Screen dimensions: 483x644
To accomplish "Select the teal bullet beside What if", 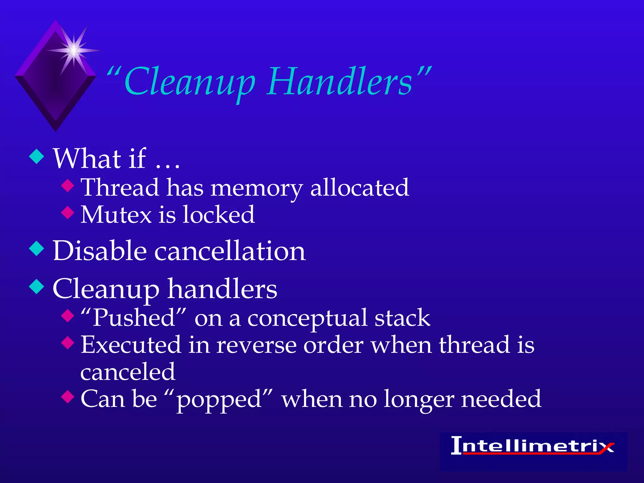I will tap(37, 157).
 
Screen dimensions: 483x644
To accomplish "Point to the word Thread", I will tap(120, 188).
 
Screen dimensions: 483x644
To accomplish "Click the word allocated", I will tap(359, 188).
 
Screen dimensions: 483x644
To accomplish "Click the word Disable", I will tap(100, 251).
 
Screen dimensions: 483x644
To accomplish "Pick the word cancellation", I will tap(230, 251).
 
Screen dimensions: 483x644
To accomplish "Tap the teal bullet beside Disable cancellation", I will tap(37, 248).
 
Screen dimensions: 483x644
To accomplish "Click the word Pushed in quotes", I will tap(134, 318).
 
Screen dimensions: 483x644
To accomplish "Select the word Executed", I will tap(131, 345).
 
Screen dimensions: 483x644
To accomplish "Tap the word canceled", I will tap(128, 372).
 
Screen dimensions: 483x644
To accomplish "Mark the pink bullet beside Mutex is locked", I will tap(68, 212).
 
